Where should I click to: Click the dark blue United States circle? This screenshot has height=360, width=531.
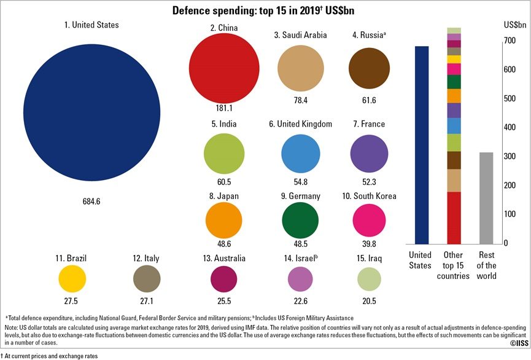pos(91,112)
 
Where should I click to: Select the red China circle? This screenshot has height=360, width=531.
pos(224,68)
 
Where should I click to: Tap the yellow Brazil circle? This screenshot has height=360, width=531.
pos(72,279)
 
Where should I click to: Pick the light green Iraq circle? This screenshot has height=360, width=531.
pos(369,279)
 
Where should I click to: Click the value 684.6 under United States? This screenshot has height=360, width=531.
pos(91,202)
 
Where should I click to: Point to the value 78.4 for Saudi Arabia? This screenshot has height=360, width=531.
pos(301,100)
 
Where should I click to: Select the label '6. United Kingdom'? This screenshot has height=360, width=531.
pos(300,124)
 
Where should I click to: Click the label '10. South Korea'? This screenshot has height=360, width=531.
pos(369,196)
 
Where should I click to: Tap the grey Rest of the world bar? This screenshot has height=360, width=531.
pos(486,198)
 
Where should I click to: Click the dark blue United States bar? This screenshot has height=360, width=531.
pos(422,145)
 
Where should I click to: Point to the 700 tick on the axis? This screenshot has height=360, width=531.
pos(510,41)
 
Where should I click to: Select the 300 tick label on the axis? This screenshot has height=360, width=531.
pos(510,156)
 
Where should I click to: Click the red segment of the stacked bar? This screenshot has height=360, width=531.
pos(454,218)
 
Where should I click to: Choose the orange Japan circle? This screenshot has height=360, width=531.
pos(224,221)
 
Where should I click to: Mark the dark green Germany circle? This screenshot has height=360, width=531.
pos(300,221)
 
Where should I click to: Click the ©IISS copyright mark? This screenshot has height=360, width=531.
pos(519,343)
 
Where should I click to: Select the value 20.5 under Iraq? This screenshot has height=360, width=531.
pos(369,301)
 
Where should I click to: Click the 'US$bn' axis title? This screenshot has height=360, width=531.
pos(515,25)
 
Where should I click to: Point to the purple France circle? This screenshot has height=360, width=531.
pos(369,154)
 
